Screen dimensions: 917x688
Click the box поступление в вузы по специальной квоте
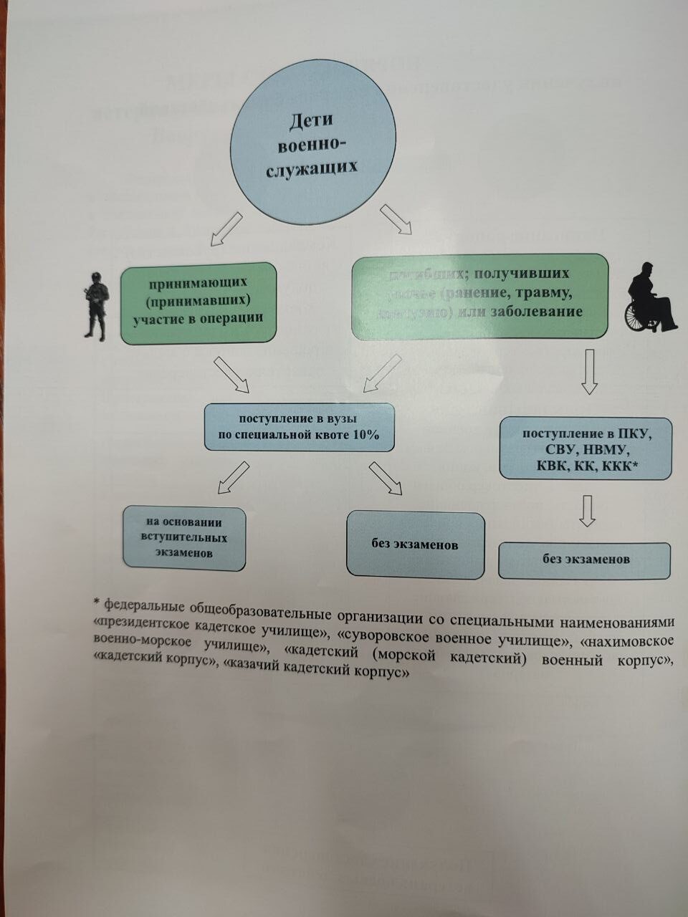[299, 428]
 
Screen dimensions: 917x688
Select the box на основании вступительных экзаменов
[183, 539]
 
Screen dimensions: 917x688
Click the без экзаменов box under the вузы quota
[415, 544]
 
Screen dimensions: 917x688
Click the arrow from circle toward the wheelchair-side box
[395, 219]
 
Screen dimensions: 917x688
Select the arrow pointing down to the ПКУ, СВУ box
[589, 372]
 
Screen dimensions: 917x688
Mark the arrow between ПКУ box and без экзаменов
[587, 511]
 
